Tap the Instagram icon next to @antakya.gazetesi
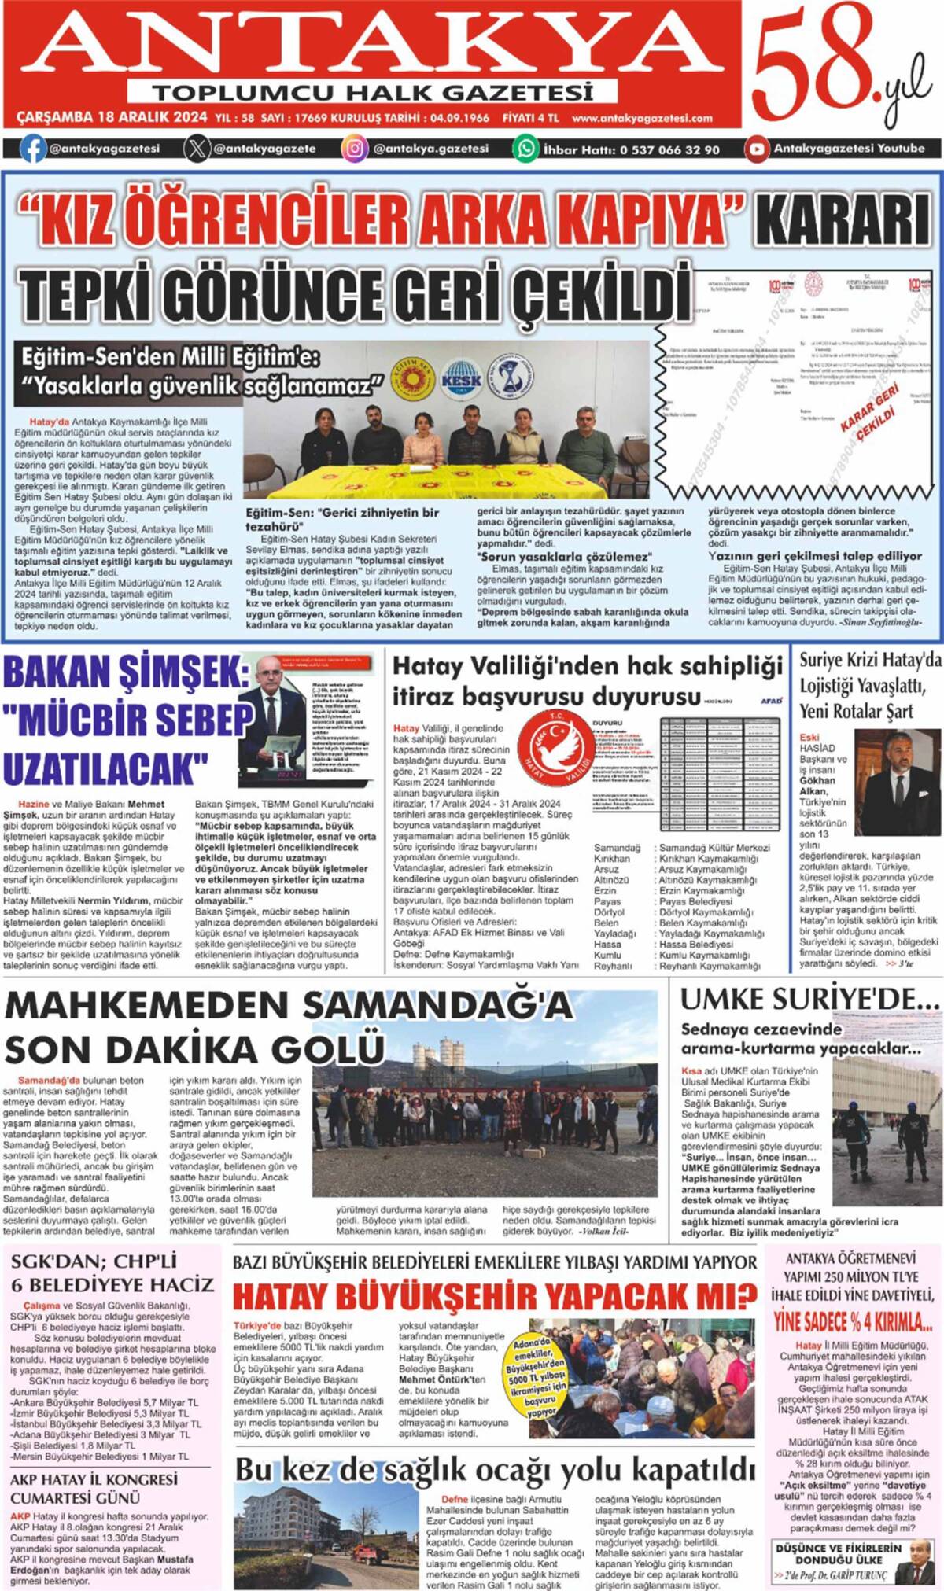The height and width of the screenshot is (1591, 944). pos(355,148)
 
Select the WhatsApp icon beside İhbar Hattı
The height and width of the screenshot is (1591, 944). pos(525,149)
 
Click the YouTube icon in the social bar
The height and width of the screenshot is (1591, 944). pos(757,148)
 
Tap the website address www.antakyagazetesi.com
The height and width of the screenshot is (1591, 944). pos(642,119)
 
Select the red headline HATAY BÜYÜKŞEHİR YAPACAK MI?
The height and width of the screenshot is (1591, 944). pos(495,1295)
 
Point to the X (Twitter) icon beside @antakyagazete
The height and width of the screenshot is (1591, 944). pos(197,148)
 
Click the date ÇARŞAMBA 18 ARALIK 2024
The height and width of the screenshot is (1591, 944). pos(112,118)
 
